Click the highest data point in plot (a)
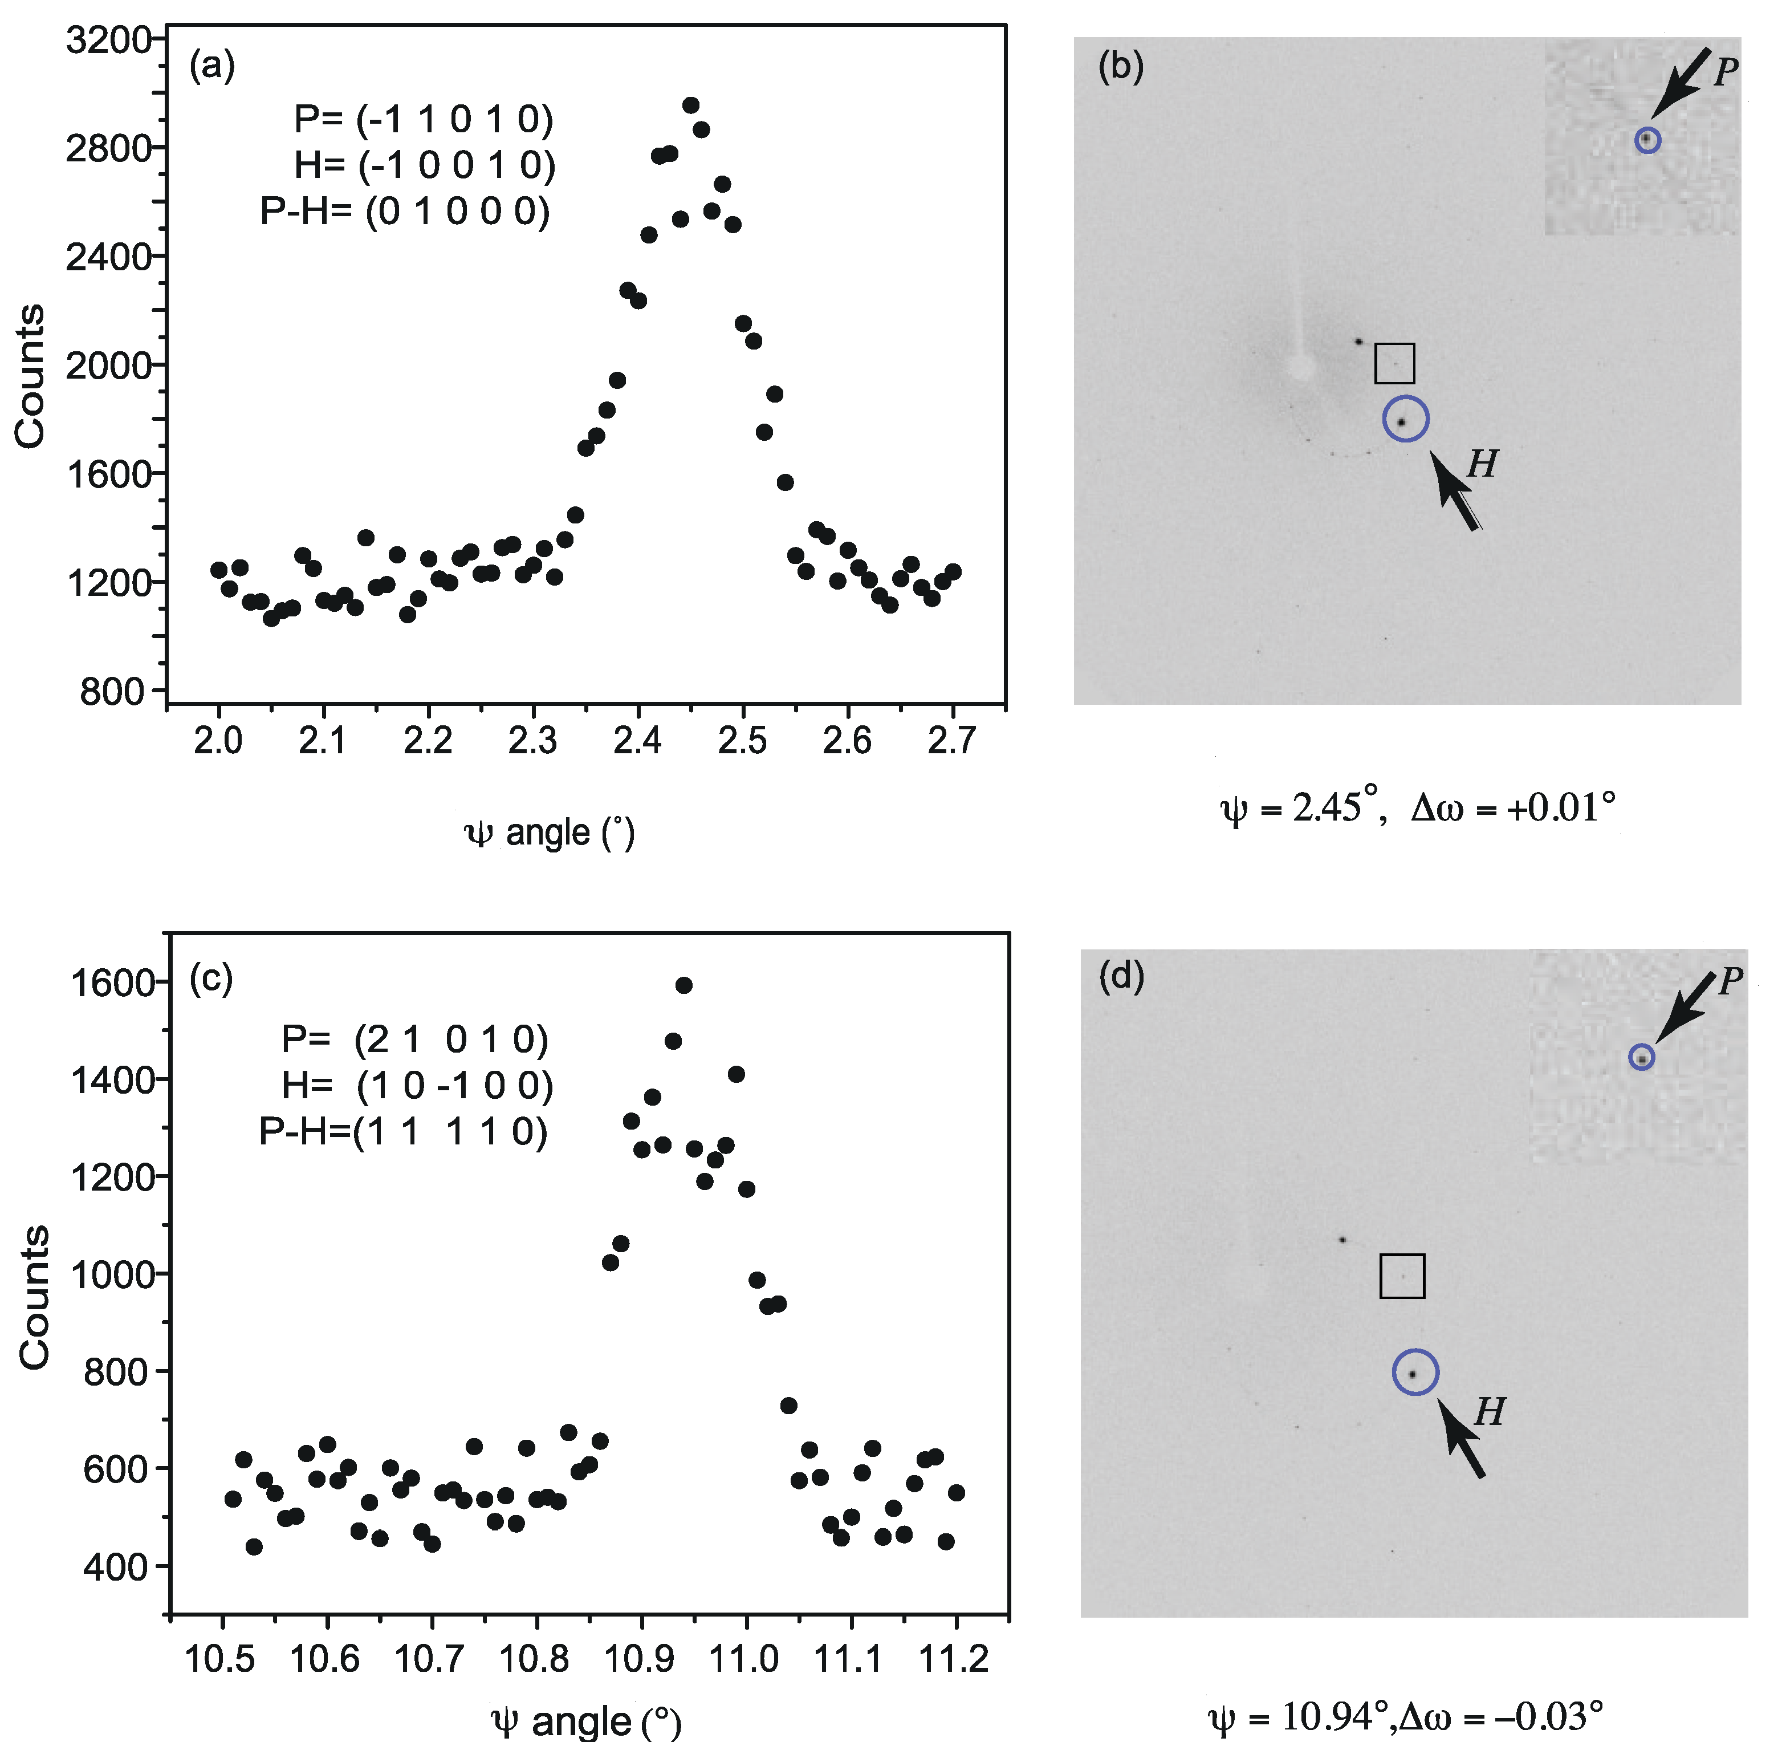691,105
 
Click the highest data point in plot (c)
683,985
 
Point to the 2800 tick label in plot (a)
107,147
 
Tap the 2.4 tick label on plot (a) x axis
637,739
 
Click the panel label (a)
211,66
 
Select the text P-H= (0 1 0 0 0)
405,212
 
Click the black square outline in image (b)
1394,363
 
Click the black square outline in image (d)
1401,1276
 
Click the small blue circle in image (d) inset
1642,1058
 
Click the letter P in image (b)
1726,71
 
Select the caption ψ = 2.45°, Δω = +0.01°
1418,809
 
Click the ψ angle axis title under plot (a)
550,833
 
